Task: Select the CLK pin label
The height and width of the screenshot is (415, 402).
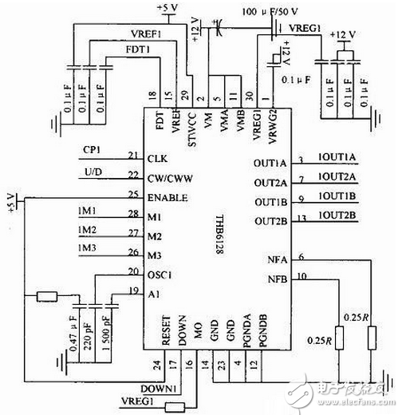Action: click(x=156, y=158)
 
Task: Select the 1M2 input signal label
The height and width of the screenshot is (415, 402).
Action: click(x=88, y=231)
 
